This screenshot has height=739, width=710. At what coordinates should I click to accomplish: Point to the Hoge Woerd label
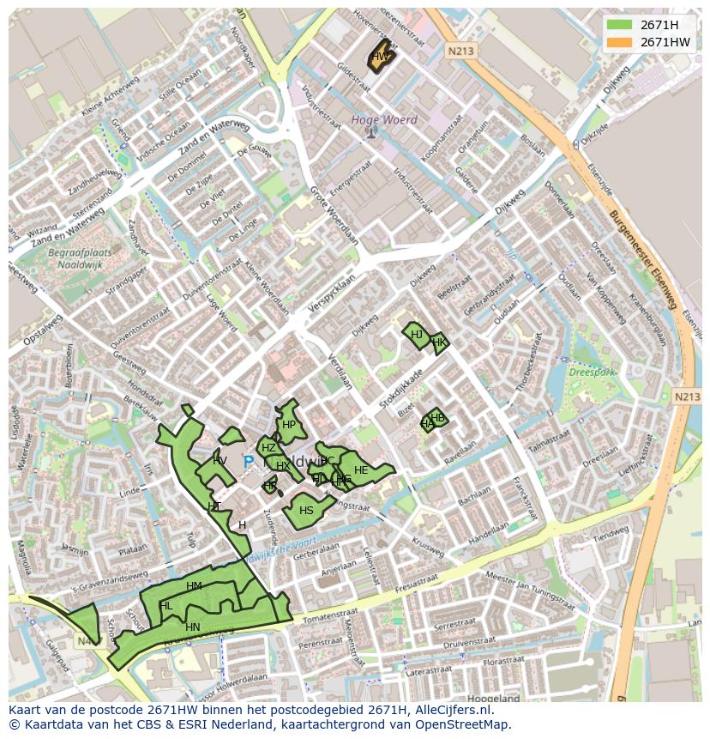(x=384, y=120)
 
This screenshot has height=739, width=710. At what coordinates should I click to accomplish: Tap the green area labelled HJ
(x=417, y=335)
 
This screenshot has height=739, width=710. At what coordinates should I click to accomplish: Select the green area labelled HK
(x=439, y=342)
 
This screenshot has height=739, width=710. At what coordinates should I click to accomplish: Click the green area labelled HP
(x=289, y=425)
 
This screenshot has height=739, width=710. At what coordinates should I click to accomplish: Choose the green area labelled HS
(x=306, y=510)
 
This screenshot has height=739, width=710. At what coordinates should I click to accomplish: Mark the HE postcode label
(x=361, y=470)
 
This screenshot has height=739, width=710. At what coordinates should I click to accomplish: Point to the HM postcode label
(x=194, y=586)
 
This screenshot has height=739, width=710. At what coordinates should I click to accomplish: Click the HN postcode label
(x=192, y=627)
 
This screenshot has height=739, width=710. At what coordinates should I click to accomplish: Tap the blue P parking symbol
(x=248, y=462)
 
